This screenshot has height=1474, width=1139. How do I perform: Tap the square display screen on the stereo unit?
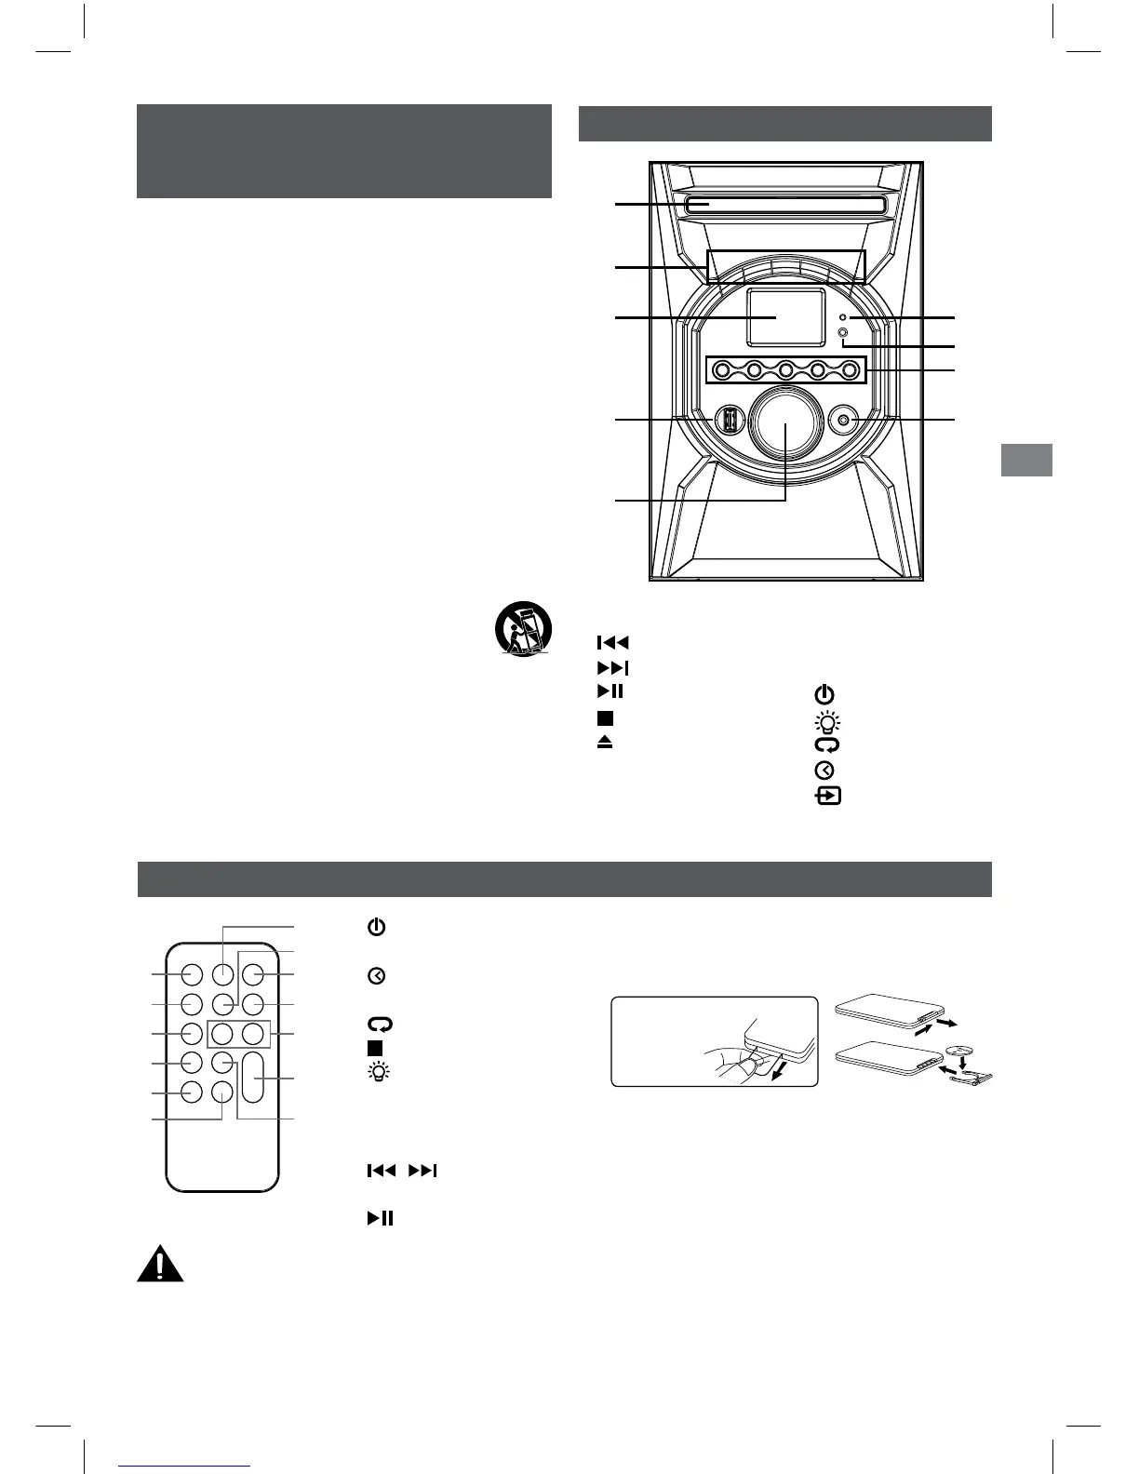pos(785,317)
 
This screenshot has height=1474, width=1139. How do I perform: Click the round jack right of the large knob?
pos(843,421)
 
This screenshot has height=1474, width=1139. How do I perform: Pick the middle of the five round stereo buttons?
pos(785,370)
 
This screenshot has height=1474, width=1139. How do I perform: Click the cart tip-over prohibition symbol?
pos(522,630)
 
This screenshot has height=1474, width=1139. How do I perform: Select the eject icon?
pos(606,742)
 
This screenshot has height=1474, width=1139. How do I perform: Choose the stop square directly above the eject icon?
pos(606,717)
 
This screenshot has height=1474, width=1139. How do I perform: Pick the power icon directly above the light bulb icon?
pos(824,694)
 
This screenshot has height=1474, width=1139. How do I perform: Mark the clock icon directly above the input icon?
pos(825,770)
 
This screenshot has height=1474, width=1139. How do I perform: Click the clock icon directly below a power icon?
pos(375,976)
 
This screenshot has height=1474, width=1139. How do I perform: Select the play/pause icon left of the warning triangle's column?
pos(380,1218)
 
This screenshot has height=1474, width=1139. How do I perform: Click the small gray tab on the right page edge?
pos(1026,460)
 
